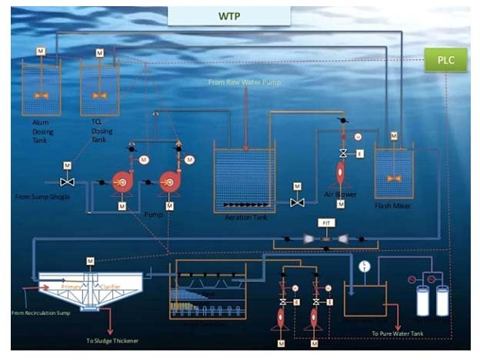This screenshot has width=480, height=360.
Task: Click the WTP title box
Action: (229, 16)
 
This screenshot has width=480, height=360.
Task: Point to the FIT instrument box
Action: (327, 222)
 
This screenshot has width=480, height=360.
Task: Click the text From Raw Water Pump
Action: (245, 82)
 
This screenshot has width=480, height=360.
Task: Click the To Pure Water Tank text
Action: (398, 332)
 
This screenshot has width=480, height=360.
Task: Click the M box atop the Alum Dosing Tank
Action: (40, 52)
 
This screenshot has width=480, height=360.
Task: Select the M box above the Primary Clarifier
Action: (90, 261)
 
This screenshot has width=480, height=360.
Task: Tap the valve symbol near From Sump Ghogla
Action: (67, 182)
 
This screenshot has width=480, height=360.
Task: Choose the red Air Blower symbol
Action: (339, 172)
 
